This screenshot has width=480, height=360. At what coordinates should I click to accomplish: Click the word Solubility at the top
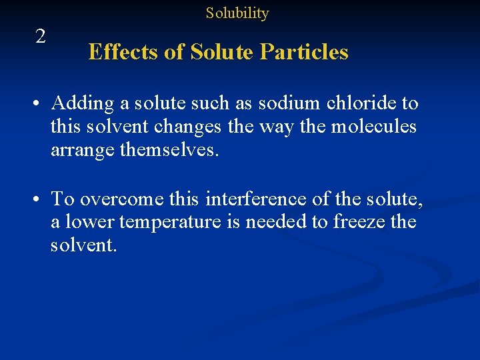point(237,13)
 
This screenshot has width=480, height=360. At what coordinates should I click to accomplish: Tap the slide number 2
point(41,37)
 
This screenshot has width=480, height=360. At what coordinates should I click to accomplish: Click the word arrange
point(83,150)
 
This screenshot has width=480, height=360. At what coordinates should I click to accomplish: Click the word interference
point(255,198)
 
